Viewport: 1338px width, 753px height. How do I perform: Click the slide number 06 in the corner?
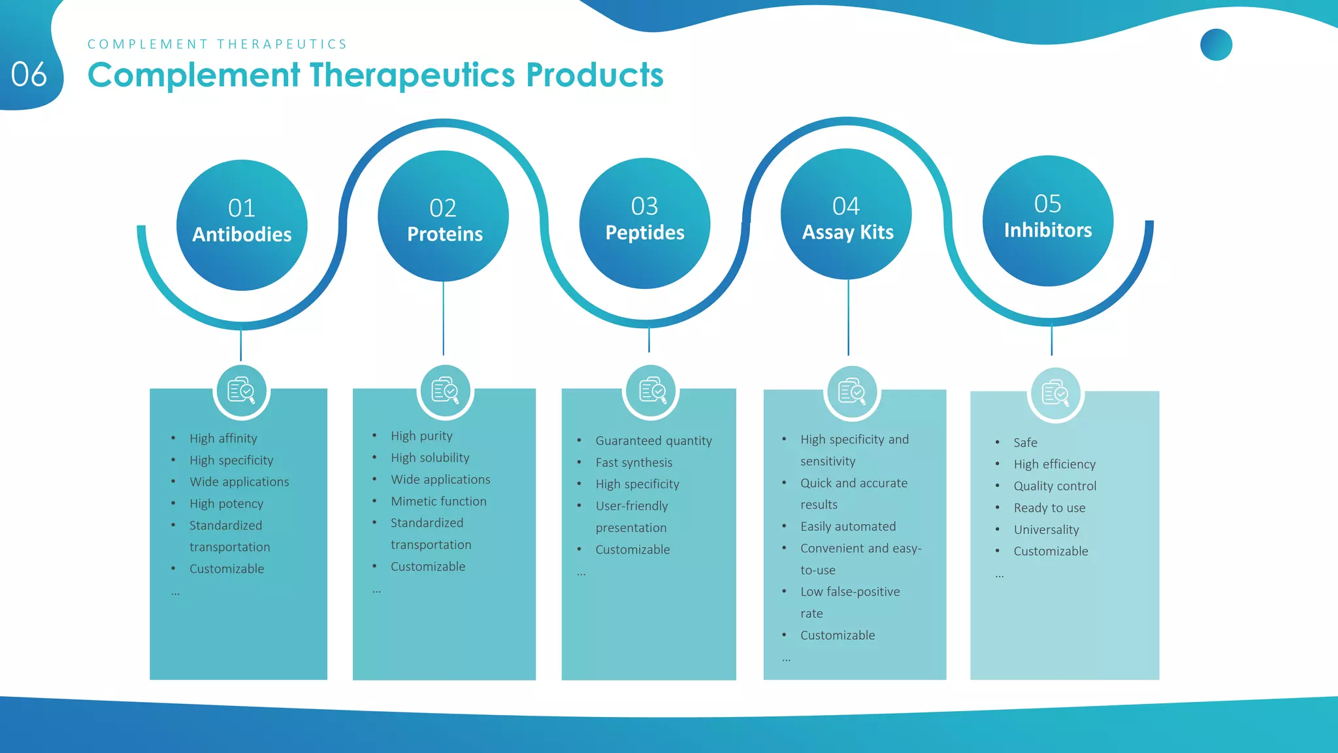[29, 75]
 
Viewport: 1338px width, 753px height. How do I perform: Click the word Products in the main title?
[595, 75]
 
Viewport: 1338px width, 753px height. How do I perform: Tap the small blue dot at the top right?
[1216, 44]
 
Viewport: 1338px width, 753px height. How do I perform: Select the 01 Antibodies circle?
[242, 225]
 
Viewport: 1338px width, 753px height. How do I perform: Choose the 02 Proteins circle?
[443, 216]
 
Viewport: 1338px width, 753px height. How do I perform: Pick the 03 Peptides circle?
[644, 223]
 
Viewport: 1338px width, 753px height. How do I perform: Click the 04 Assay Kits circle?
[846, 214]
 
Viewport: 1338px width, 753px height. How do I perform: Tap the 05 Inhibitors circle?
[1047, 220]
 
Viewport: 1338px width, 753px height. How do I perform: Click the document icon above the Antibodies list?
[241, 391]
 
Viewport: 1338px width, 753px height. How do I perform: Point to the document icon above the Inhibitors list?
[1055, 393]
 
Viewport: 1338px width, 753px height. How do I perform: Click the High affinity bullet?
[223, 438]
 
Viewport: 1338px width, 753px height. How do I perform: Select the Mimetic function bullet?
[438, 501]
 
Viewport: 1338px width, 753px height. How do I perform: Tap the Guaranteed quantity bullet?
[653, 441]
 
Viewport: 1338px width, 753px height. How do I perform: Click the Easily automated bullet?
[848, 526]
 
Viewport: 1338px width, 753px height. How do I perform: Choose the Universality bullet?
[1046, 529]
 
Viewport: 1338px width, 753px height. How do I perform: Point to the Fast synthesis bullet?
[634, 462]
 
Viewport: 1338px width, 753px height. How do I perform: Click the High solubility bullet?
[430, 458]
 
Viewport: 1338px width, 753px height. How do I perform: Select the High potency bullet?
[226, 503]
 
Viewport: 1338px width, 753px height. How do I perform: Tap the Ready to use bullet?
[1049, 508]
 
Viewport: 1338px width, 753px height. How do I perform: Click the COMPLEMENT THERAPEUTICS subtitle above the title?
[217, 44]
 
